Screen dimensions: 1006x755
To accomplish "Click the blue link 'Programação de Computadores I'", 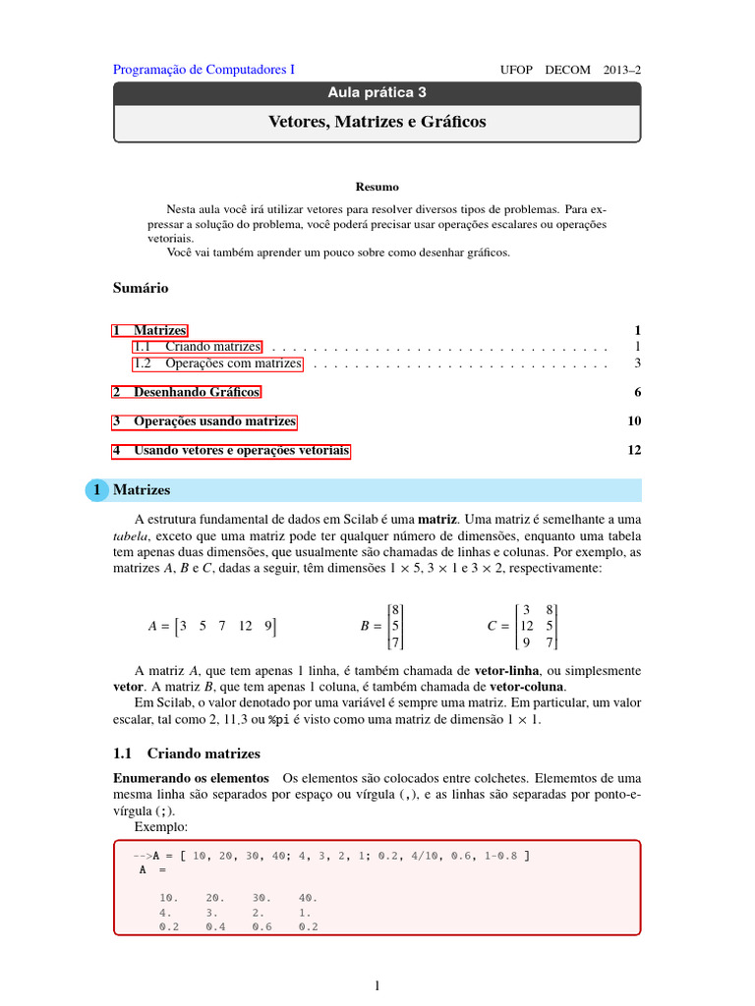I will [203, 70].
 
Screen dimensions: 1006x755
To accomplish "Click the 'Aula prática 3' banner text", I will [377, 93].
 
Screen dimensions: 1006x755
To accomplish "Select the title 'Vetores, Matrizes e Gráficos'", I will [377, 122].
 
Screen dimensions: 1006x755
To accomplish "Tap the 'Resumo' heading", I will [377, 186].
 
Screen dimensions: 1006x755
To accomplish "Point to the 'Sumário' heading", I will [141, 288].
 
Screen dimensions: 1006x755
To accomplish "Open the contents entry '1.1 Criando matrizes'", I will [198, 347].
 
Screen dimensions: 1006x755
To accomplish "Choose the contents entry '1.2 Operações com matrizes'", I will [217, 363].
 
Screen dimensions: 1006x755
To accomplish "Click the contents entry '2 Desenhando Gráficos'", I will [187, 392].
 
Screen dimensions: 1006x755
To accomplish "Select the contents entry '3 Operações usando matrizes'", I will [204, 421].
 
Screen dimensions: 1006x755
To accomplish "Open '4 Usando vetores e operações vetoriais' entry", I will [231, 451].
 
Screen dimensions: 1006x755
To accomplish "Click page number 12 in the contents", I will [633, 451].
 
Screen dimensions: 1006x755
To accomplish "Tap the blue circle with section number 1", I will [97, 489].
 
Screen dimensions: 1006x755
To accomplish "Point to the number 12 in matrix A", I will [245, 625].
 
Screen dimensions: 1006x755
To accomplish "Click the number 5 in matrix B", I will [395, 625].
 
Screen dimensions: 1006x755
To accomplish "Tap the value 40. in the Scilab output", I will [308, 898].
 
